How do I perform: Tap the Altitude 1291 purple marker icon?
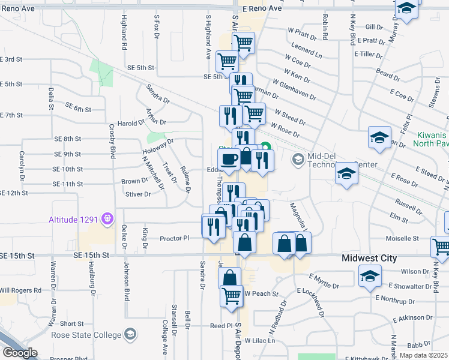pos(108,218)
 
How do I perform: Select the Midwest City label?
pos(369,258)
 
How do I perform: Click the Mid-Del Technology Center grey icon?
pos(298,160)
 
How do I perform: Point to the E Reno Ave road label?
pos(263,9)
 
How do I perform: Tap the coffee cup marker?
pos(228,160)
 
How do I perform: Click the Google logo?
pos(20,353)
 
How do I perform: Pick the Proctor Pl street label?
pos(175,238)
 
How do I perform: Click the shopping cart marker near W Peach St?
pos(232,295)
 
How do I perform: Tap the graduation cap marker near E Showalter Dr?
pos(369,276)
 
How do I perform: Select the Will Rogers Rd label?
pos(21,290)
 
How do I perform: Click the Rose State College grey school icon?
pos(130,335)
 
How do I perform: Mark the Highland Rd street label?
pos(124,32)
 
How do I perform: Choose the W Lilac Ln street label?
pos(259,340)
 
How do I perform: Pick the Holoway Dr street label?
pos(158,146)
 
